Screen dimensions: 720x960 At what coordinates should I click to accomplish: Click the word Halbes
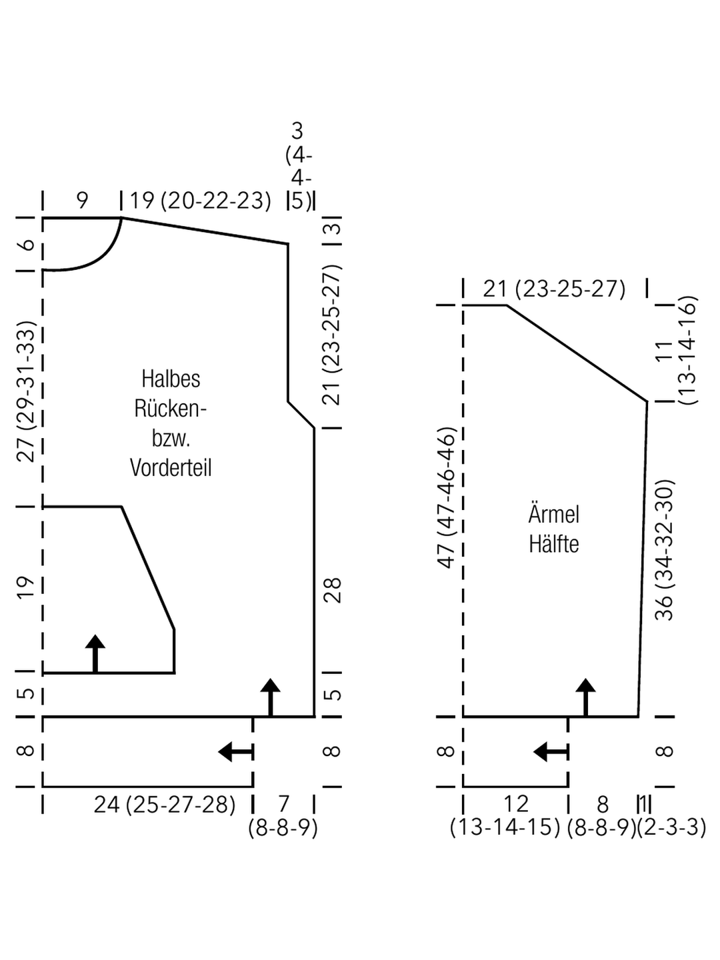(x=171, y=379)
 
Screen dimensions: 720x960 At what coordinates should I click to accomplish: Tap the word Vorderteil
(x=171, y=468)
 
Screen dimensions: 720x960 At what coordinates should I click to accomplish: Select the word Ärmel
(x=554, y=514)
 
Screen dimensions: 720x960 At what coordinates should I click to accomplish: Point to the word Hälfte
(x=554, y=544)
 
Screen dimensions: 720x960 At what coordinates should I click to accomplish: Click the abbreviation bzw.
(x=171, y=439)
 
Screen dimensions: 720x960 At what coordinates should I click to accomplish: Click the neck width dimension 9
(x=83, y=201)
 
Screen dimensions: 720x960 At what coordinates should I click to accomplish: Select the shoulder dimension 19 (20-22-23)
(x=201, y=201)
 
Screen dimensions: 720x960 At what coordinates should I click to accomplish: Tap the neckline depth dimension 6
(x=27, y=244)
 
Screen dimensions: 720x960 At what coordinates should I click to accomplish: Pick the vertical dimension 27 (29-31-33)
(x=26, y=391)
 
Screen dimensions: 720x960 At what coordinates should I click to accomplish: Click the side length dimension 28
(x=332, y=591)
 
